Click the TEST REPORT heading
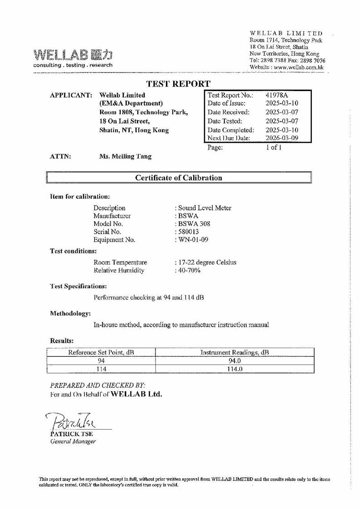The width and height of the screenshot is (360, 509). [179, 84]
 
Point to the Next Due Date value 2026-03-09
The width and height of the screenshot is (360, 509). [282, 138]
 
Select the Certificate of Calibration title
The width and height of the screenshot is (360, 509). [179, 178]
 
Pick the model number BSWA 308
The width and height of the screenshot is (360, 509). [194, 224]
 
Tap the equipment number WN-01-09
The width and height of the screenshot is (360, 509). [192, 240]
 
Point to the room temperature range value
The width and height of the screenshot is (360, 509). [206, 262]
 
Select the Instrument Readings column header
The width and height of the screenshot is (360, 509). [235, 352]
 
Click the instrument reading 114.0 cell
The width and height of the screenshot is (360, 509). [235, 369]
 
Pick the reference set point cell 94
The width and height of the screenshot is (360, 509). [102, 361]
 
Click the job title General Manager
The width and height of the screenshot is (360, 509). [73, 441]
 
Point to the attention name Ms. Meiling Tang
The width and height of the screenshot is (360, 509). [125, 156]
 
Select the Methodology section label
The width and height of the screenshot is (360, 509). [70, 313]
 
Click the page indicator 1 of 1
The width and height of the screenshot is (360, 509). [273, 147]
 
